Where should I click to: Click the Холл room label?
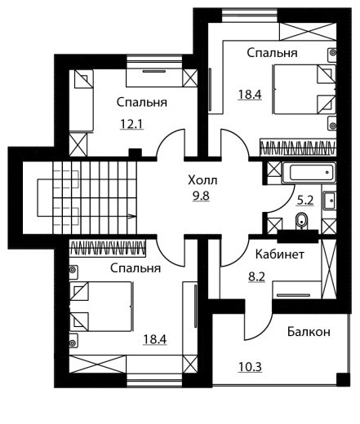pyautogui.click(x=202, y=180)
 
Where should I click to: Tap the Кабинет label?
pyautogui.click(x=279, y=254)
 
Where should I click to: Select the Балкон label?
pyautogui.click(x=309, y=332)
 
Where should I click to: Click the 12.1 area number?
pyautogui.click(x=131, y=125)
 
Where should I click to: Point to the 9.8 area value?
pyautogui.click(x=201, y=196)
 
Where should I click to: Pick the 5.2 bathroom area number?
pyautogui.click(x=305, y=201)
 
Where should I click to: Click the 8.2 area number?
pyautogui.click(x=256, y=277)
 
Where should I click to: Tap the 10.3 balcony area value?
pyautogui.click(x=250, y=367)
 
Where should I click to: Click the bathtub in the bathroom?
pyautogui.click(x=309, y=172)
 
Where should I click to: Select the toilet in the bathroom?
pyautogui.click(x=301, y=221)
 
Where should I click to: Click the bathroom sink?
pyautogui.click(x=330, y=201)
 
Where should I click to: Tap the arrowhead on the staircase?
pyautogui.click(x=132, y=216)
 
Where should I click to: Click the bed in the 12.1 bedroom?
pyautogui.click(x=81, y=100)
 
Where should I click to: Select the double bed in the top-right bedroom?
pyautogui.click(x=304, y=89)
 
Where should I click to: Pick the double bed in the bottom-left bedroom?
pyautogui.click(x=101, y=307)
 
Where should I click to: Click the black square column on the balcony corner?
pyautogui.click(x=343, y=379)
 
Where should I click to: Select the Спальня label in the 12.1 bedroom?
pyautogui.click(x=142, y=103)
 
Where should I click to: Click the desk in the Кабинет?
pyautogui.click(x=297, y=290)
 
